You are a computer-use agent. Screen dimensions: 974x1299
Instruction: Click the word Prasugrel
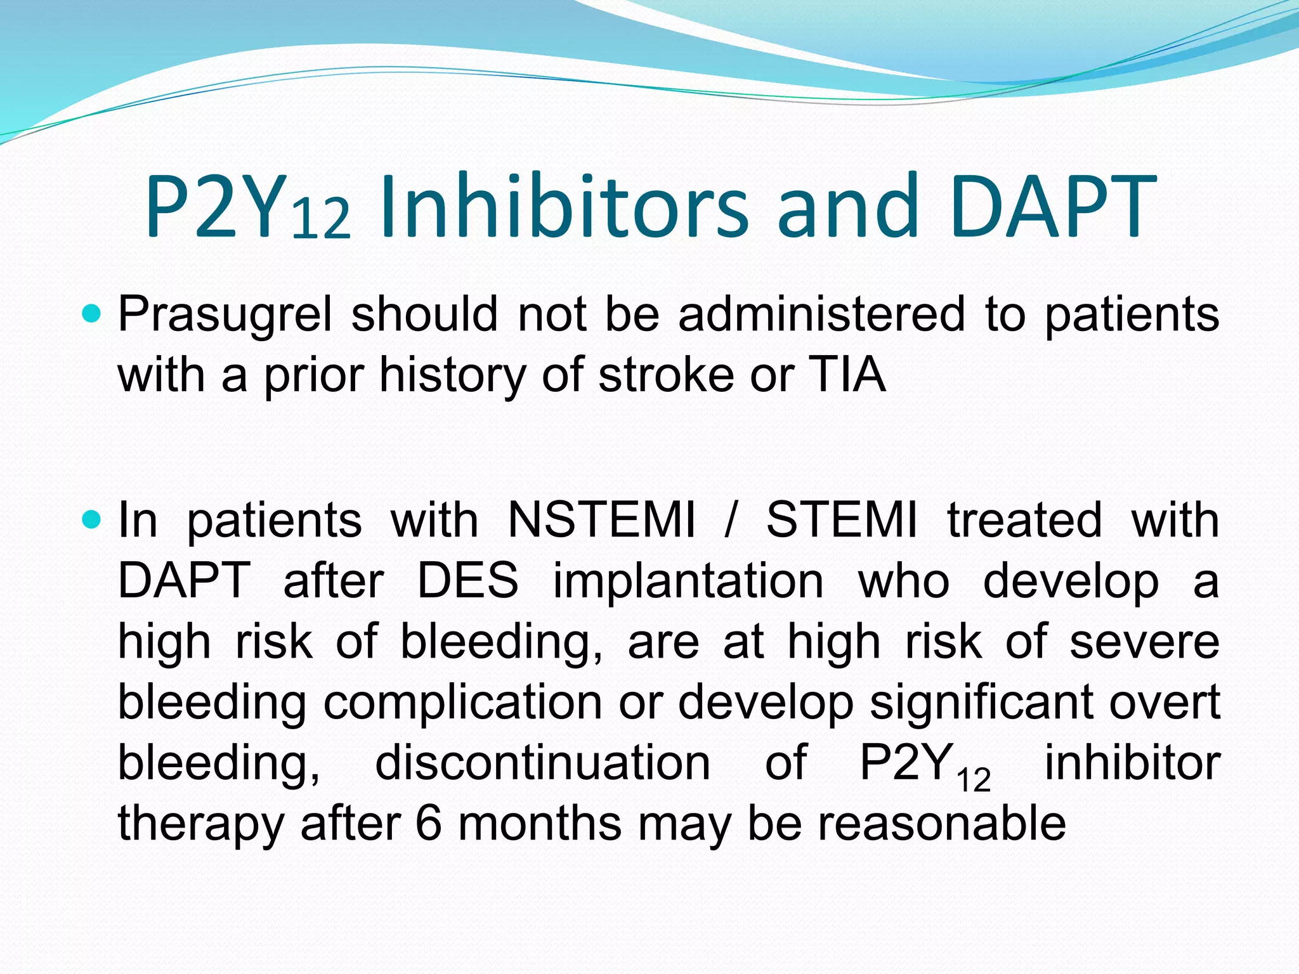pyautogui.click(x=225, y=315)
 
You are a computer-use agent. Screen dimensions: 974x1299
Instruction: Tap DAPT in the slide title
pyautogui.click(x=1052, y=206)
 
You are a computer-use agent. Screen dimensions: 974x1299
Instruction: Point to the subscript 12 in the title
pyautogui.click(x=321, y=219)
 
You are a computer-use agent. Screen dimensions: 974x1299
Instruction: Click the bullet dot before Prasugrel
pyautogui.click(x=92, y=313)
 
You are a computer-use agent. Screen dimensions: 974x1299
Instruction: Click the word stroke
pyautogui.click(x=665, y=375)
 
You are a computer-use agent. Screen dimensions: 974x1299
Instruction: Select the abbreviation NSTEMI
pyautogui.click(x=602, y=520)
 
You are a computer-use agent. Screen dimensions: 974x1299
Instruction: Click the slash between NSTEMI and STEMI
pyautogui.click(x=731, y=520)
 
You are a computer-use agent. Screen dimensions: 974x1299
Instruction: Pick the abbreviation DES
pyautogui.click(x=468, y=580)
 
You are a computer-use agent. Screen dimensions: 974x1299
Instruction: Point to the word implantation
pyautogui.click(x=688, y=580)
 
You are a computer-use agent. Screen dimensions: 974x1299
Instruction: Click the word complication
pyautogui.click(x=462, y=702)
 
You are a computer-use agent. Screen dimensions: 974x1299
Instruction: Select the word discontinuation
pyautogui.click(x=542, y=763)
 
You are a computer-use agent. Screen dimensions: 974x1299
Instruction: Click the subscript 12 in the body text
pyautogui.click(x=974, y=780)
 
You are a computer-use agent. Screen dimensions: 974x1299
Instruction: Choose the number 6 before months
pyautogui.click(x=429, y=824)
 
